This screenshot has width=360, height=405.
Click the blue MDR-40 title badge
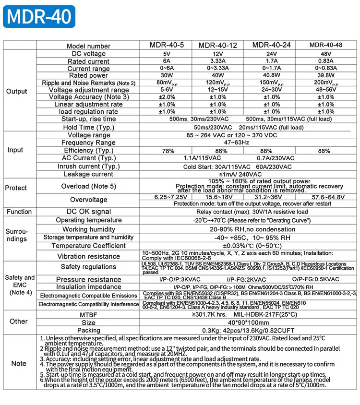(x=39, y=17)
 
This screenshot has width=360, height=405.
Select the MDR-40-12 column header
(x=218, y=46)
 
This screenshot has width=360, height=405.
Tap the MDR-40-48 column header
(x=326, y=46)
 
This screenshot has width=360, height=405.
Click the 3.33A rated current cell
(x=218, y=61)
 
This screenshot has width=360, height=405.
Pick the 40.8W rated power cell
(x=272, y=75)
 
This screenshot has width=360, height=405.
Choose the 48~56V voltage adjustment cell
(x=326, y=90)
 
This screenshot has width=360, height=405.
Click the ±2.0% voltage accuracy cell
(x=167, y=97)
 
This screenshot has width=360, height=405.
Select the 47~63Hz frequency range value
(x=249, y=143)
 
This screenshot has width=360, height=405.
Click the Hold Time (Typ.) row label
(x=89, y=127)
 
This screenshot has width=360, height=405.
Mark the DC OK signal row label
(x=89, y=212)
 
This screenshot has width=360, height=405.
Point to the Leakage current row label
(x=89, y=174)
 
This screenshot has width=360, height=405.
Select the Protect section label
(x=16, y=188)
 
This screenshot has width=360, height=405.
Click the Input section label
(x=15, y=150)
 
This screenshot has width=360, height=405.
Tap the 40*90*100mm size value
(x=249, y=322)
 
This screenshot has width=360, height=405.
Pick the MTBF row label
(x=89, y=314)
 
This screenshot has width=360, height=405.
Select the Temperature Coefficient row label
(x=89, y=246)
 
